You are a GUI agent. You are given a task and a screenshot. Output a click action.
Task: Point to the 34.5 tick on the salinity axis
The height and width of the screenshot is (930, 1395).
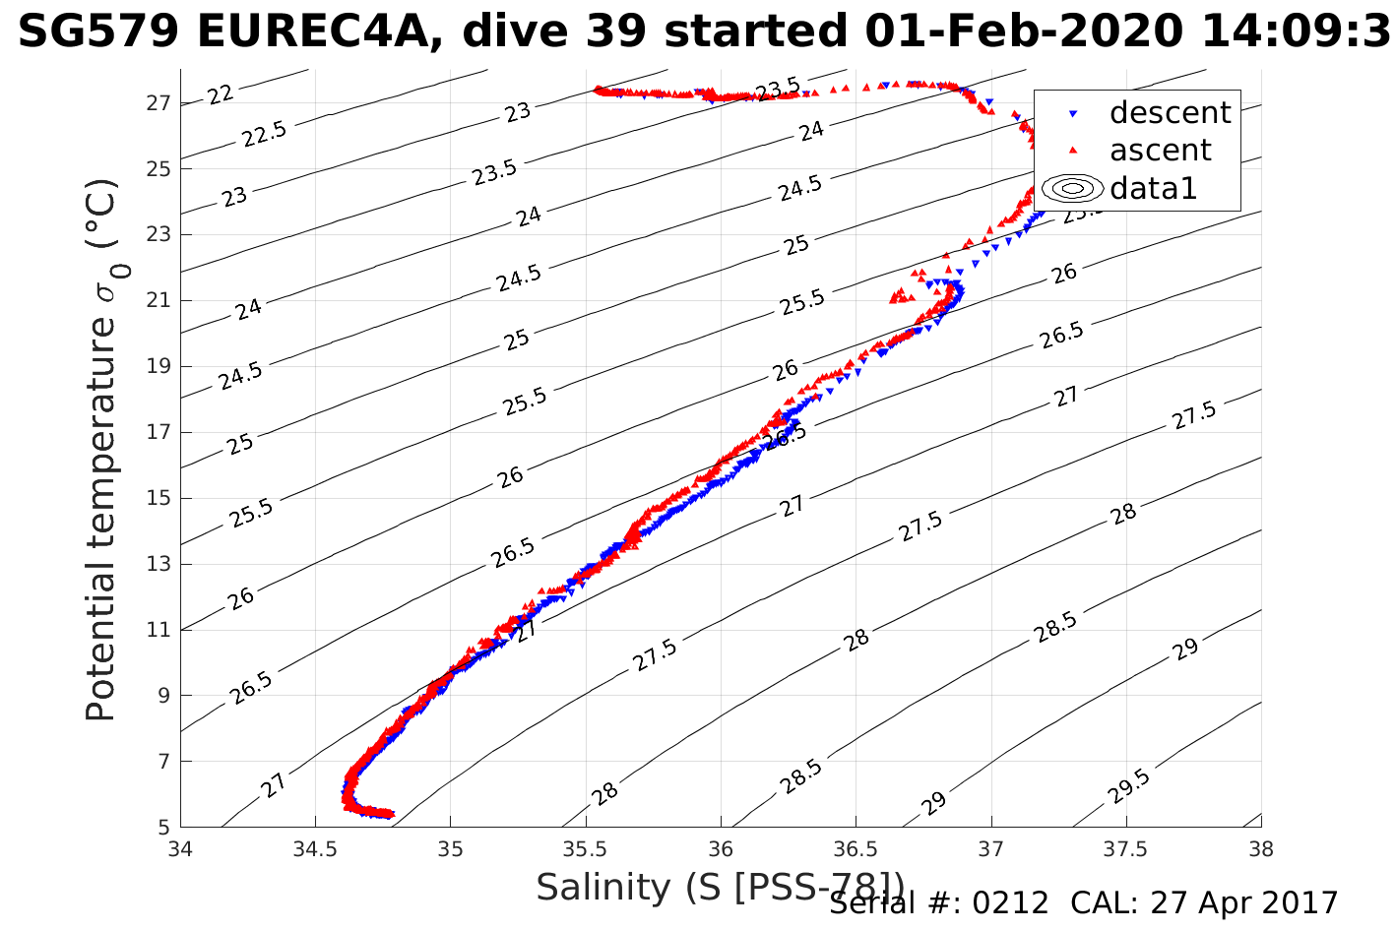click(x=315, y=848)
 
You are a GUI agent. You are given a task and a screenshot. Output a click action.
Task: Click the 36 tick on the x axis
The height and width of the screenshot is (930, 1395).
click(x=721, y=848)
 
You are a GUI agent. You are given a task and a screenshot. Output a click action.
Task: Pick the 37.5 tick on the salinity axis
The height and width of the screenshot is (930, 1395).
click(x=1125, y=848)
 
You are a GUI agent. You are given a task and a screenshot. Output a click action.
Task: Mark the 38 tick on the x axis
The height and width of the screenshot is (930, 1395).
click(x=1260, y=848)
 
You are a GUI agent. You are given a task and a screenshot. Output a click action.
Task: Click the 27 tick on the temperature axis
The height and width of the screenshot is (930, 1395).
click(x=159, y=102)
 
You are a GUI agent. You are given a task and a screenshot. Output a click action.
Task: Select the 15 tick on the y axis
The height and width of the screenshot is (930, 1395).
click(x=159, y=498)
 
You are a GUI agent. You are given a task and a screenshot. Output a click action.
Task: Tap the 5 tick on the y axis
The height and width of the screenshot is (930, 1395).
click(x=164, y=827)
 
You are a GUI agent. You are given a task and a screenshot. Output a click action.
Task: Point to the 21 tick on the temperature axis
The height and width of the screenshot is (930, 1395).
click(x=159, y=300)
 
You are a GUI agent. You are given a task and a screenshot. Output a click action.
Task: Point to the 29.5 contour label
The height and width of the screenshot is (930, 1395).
click(x=1128, y=787)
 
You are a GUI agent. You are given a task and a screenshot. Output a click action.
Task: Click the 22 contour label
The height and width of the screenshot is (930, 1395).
click(x=221, y=94)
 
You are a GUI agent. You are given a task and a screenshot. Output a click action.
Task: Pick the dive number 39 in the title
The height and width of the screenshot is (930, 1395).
click(x=617, y=32)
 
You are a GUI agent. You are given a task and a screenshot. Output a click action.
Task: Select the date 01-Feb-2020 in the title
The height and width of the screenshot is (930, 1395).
click(x=1024, y=32)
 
